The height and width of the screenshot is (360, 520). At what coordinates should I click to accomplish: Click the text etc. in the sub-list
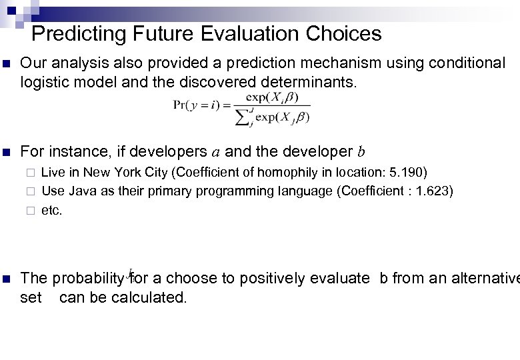(52, 211)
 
